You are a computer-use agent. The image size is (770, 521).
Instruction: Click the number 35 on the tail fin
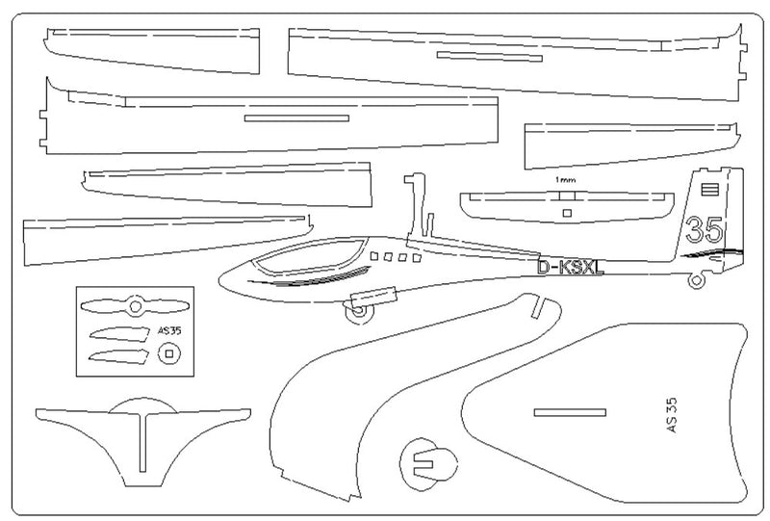[705, 230]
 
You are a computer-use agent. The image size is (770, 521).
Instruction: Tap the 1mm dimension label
[565, 180]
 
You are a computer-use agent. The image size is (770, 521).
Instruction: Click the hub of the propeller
[135, 307]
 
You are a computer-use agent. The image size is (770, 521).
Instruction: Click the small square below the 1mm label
[567, 213]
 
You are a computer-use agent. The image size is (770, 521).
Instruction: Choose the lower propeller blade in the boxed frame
[117, 355]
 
